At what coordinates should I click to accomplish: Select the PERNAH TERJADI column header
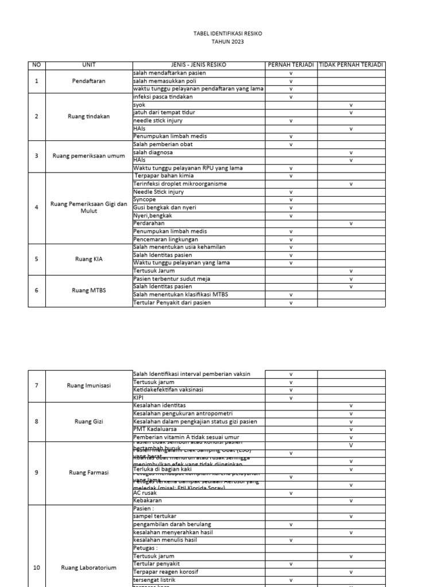click(x=291, y=65)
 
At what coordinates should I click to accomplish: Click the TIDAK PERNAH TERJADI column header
click(x=351, y=65)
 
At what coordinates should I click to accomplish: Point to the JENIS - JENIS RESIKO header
click(x=199, y=65)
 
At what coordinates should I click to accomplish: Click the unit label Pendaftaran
click(x=88, y=81)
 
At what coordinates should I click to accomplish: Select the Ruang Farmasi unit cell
click(x=88, y=473)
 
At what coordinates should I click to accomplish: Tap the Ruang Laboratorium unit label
click(x=88, y=568)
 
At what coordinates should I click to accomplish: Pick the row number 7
click(x=37, y=385)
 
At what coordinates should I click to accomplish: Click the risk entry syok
click(x=139, y=105)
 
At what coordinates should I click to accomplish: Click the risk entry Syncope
click(x=144, y=199)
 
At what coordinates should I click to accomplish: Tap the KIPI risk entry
click(x=138, y=397)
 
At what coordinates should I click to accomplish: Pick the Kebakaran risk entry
click(x=148, y=500)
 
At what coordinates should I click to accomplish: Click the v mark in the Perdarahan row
click(x=351, y=224)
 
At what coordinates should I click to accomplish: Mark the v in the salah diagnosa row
click(x=351, y=152)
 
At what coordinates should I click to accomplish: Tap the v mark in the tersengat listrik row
click(x=291, y=580)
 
